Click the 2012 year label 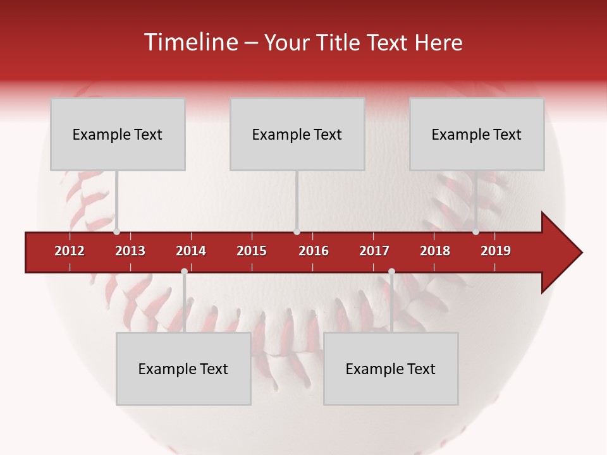70,251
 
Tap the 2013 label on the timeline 130,251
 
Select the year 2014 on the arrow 191,251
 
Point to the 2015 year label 252,251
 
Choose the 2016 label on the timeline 314,251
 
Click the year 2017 374,251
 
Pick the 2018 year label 435,251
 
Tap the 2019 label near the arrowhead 496,251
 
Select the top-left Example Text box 118,134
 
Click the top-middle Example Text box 297,134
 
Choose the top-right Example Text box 477,134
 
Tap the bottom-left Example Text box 183,368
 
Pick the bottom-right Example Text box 391,368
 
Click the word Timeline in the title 190,42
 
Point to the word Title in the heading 338,42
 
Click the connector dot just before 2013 117,232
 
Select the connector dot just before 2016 297,232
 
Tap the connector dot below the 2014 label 184,272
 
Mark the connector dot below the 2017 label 391,272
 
